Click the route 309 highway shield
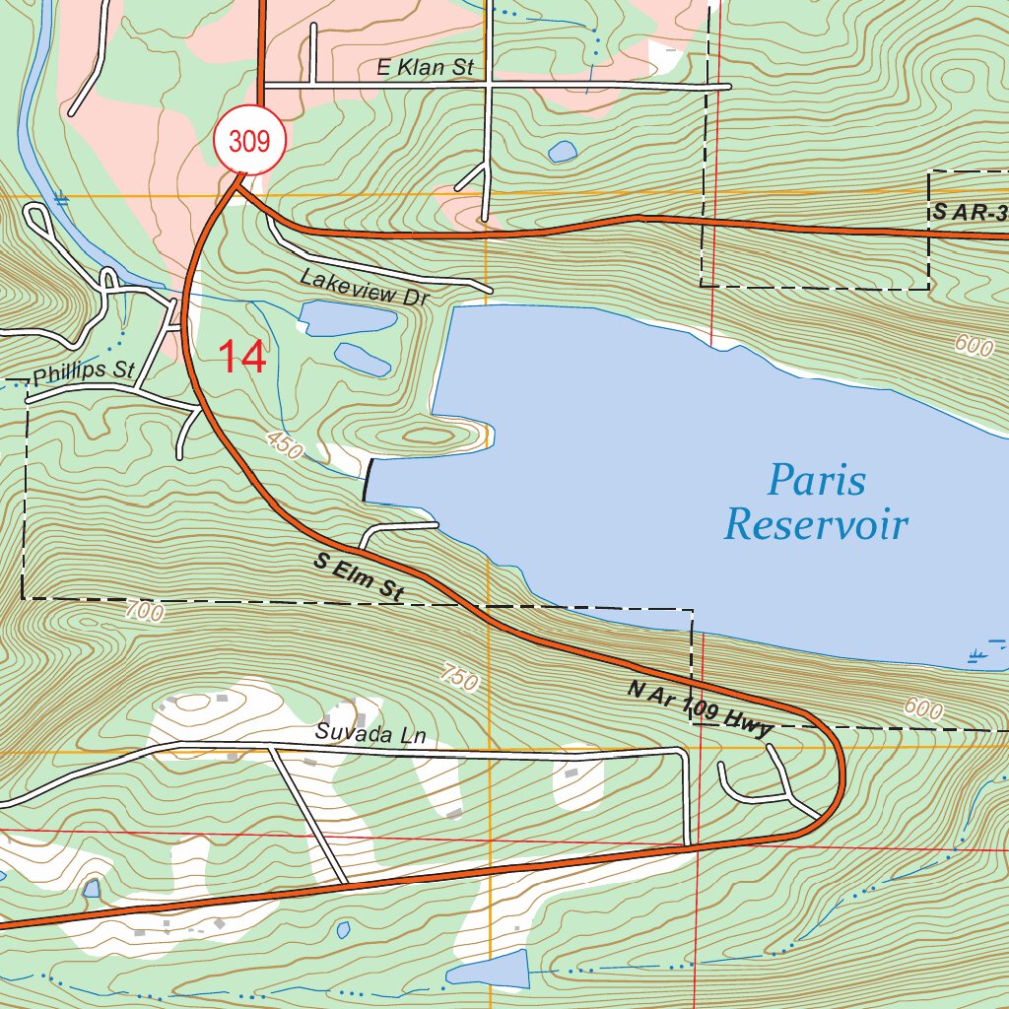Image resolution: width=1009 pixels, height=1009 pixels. click(x=249, y=142)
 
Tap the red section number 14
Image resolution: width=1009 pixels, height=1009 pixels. click(x=241, y=357)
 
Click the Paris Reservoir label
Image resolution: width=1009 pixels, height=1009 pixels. click(x=816, y=504)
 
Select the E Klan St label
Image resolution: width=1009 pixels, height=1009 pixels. click(x=426, y=68)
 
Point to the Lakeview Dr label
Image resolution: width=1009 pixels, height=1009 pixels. click(x=366, y=287)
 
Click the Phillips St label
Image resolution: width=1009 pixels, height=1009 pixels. click(x=83, y=373)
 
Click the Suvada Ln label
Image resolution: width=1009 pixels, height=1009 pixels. click(x=354, y=733)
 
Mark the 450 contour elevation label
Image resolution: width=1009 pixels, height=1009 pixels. click(x=284, y=447)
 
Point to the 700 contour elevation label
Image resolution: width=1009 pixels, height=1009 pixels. click(x=144, y=611)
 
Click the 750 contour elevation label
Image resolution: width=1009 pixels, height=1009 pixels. click(x=459, y=678)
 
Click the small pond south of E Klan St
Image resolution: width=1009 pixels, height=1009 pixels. click(x=563, y=151)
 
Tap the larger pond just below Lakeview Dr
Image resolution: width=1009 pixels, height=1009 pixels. click(x=347, y=318)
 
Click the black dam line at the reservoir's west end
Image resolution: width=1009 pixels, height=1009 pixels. click(x=368, y=480)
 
